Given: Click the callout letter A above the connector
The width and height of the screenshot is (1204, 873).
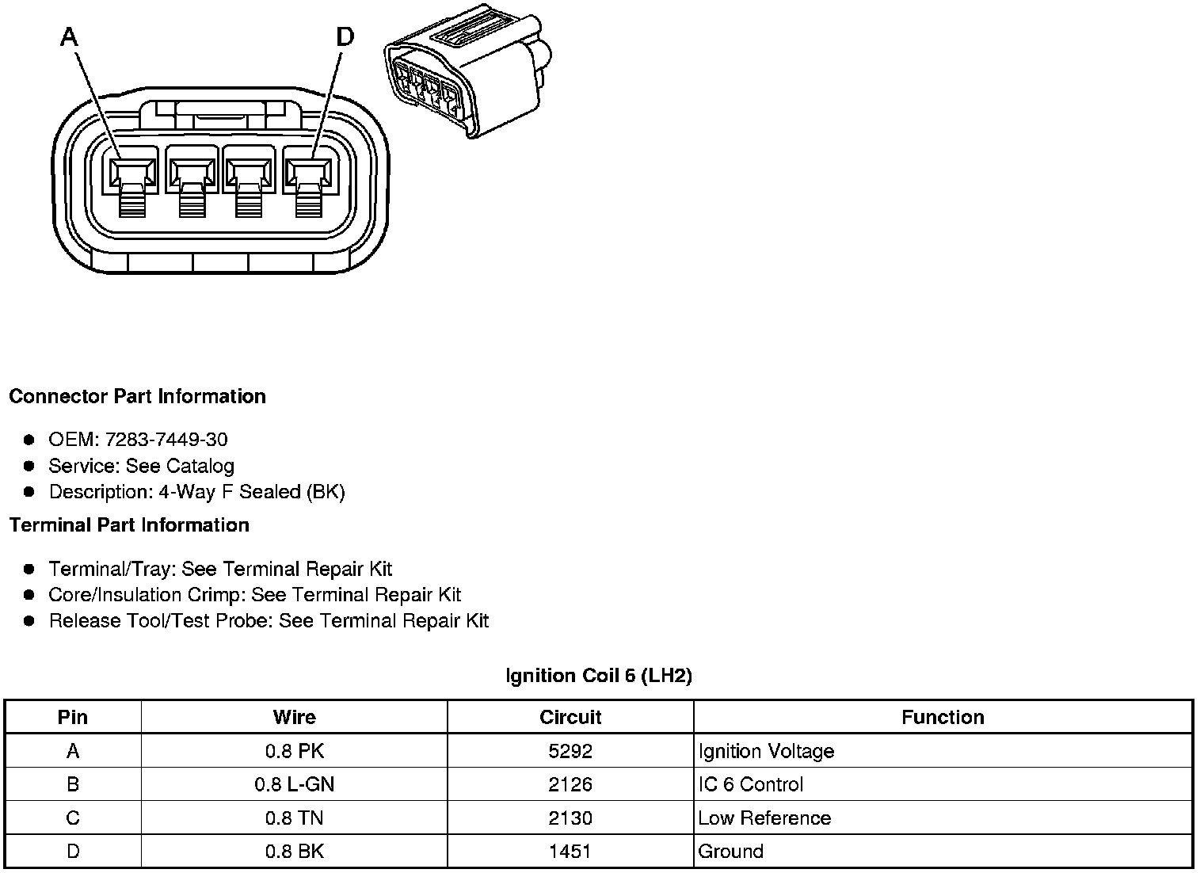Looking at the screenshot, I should [x=70, y=36].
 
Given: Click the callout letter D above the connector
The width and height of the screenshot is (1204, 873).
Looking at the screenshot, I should [x=345, y=36].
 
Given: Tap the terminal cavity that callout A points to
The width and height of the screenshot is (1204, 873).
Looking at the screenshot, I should [x=132, y=172].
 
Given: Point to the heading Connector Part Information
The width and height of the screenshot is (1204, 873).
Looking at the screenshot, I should [x=137, y=396].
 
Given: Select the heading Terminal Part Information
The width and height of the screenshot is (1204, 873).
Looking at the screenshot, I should [x=129, y=525].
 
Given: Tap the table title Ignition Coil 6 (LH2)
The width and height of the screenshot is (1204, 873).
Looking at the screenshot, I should [x=599, y=676].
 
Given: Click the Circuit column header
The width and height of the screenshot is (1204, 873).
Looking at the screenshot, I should [x=570, y=717].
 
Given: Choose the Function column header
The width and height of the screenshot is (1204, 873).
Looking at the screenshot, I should [x=943, y=717].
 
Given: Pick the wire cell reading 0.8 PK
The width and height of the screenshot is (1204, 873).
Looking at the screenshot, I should [x=295, y=751].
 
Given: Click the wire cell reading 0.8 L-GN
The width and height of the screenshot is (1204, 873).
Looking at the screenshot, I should [x=295, y=784].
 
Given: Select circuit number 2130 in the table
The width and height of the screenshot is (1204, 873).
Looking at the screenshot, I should [x=570, y=818].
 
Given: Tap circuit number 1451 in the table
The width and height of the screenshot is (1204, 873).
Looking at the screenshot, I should [x=570, y=852].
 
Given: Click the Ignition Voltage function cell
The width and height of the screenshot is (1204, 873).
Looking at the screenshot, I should [x=766, y=751].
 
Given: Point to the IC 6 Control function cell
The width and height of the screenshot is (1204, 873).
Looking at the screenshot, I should [x=750, y=784].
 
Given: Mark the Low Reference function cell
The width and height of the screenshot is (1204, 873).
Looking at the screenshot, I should [x=764, y=818].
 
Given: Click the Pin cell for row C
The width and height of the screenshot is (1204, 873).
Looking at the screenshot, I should [x=73, y=818].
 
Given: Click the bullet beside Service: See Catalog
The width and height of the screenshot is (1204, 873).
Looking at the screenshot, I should [x=29, y=466].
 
